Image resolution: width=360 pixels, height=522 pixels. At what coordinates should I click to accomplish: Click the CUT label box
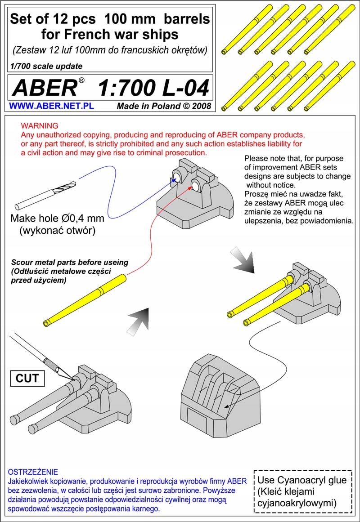27,378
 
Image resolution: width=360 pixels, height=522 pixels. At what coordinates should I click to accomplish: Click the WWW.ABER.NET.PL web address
52,106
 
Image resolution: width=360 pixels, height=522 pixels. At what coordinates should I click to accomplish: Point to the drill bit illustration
45,196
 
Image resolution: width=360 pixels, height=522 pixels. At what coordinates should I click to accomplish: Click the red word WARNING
39,126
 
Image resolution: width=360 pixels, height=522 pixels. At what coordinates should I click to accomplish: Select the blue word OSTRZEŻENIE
33,472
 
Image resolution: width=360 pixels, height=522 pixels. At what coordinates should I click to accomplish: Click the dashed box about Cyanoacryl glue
303,491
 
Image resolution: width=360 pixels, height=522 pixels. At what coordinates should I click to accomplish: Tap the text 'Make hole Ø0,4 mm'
57,219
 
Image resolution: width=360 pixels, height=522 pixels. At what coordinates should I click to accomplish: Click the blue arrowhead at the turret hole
174,180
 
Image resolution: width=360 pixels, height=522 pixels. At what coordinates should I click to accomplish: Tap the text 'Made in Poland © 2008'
164,106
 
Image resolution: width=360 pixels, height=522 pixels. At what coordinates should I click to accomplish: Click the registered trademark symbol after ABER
81,80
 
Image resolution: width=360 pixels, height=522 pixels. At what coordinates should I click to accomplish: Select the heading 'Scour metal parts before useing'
70,262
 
